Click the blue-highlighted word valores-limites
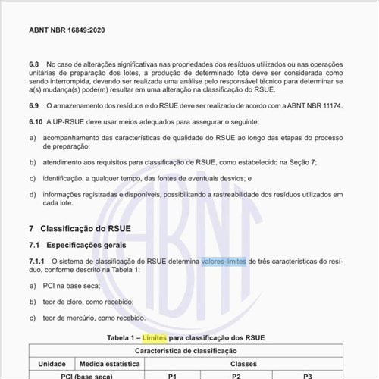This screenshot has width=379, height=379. point(224,261)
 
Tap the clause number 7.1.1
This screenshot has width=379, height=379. point(39,261)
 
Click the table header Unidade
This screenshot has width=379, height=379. point(52,364)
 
